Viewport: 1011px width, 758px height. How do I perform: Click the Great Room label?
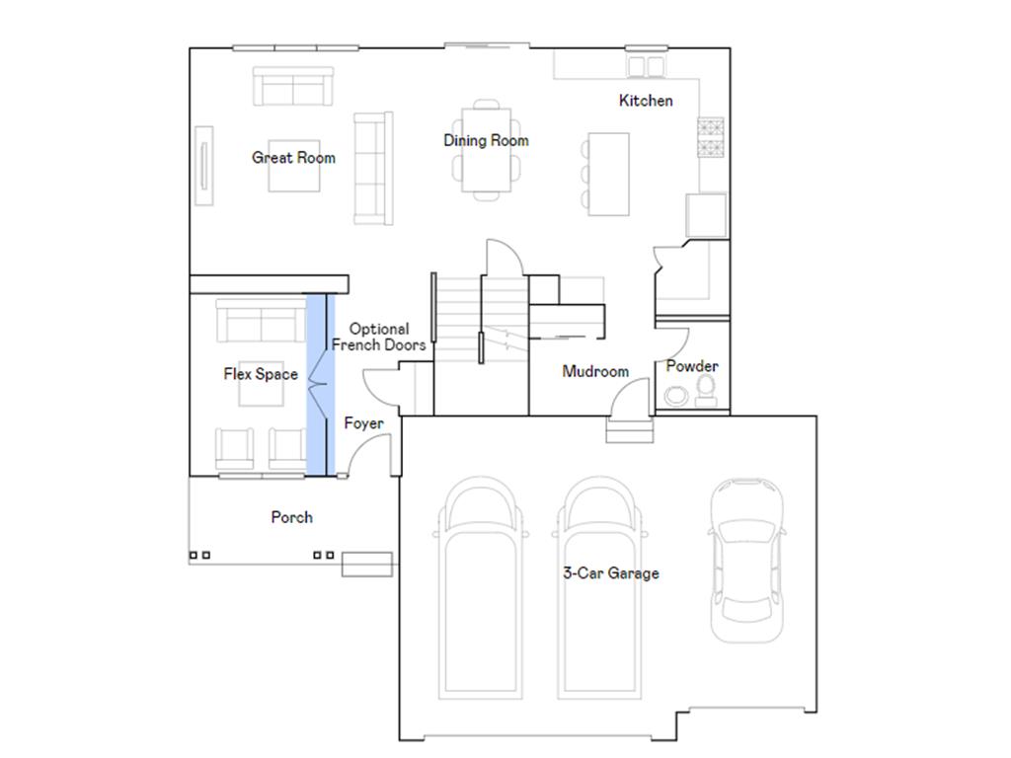coord(293,158)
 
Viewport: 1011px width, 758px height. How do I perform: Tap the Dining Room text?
coord(486,141)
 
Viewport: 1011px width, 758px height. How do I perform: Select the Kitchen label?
coord(646,101)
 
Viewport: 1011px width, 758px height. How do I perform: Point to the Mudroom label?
coord(595,372)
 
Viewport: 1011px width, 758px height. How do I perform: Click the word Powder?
coord(692,366)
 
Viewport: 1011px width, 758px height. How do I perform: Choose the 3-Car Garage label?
coord(611,573)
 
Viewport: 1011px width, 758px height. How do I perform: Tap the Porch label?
coord(291,517)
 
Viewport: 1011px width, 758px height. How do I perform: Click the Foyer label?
coord(363,423)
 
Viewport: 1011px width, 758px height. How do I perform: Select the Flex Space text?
coord(261,374)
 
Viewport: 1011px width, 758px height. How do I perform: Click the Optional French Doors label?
coord(379,338)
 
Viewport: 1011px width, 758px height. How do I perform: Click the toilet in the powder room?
coord(707,391)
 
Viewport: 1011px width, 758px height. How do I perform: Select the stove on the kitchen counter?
coord(711,137)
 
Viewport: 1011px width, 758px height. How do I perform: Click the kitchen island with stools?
coord(608,173)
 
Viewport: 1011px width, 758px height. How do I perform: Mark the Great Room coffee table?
coord(293,166)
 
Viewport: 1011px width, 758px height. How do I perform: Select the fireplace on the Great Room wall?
coord(204,165)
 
